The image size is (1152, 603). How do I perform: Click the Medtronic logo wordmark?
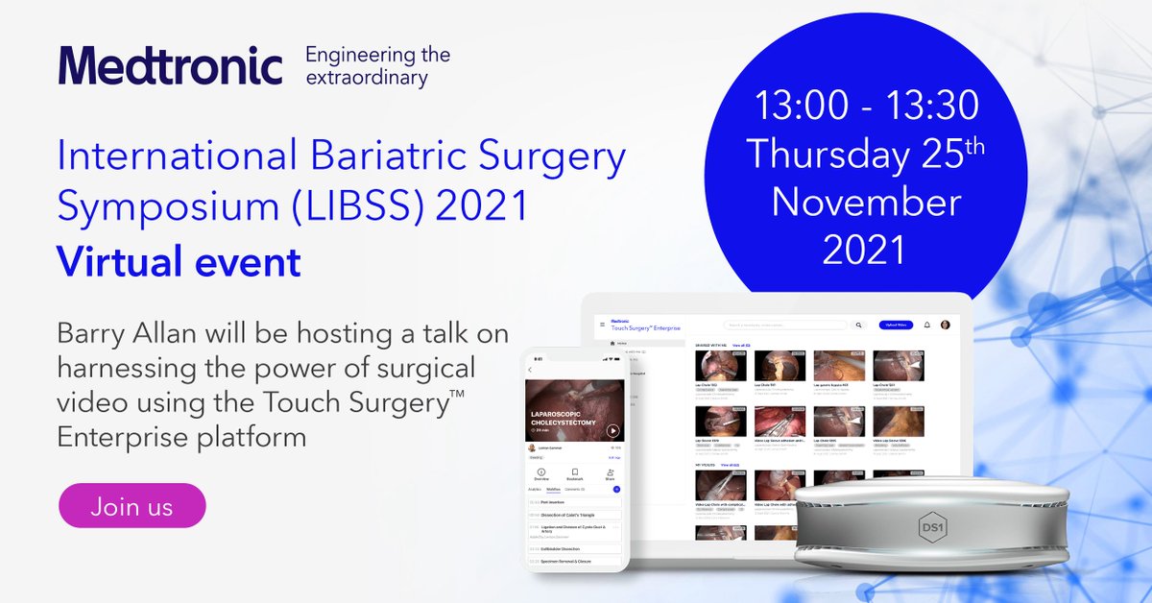[170, 65]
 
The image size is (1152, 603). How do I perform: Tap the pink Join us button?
[132, 506]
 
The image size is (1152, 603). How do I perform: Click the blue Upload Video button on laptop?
[895, 326]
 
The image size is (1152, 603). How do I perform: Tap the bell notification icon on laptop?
[927, 326]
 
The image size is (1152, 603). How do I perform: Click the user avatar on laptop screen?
[946, 326]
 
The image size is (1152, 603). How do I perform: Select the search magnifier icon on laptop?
[857, 326]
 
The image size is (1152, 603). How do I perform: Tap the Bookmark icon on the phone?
[574, 473]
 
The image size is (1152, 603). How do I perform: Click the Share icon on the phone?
[610, 473]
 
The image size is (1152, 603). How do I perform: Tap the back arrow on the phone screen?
[530, 370]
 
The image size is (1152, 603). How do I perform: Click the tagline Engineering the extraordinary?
[377, 66]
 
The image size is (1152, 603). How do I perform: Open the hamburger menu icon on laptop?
[602, 326]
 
